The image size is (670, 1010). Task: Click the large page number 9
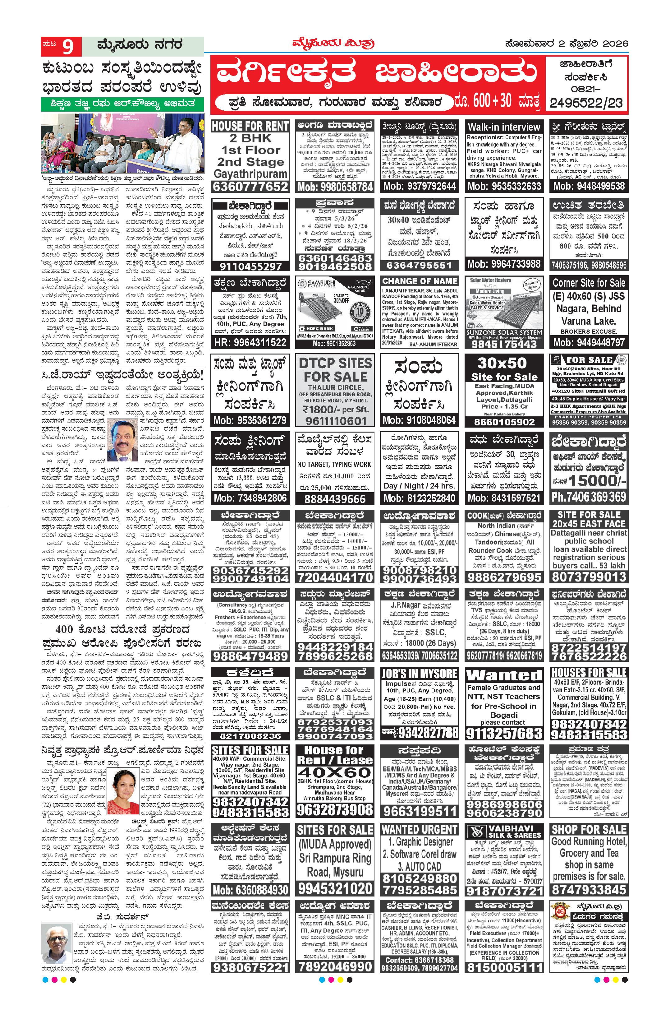coord(68,47)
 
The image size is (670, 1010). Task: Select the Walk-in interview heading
coord(504,127)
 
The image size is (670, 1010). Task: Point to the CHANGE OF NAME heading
coord(420,281)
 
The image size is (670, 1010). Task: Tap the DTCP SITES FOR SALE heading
coord(335,370)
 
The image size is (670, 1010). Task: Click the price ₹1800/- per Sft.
coord(335,409)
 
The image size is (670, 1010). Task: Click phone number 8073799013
coord(589,577)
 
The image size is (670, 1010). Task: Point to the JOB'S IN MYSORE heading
coord(420,674)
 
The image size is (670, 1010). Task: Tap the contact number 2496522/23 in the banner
coord(586,103)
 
